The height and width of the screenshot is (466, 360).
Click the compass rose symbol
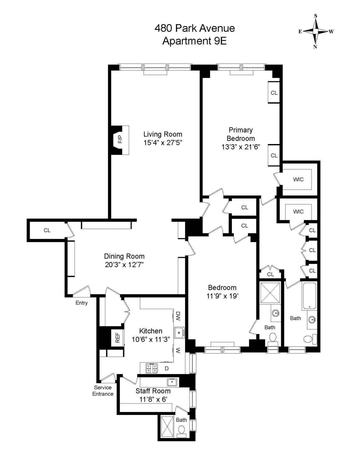point(315,31)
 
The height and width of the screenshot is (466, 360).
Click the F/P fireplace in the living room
point(120,140)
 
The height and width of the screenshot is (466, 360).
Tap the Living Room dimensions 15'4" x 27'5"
point(163,143)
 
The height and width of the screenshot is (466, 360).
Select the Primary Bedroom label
point(241,134)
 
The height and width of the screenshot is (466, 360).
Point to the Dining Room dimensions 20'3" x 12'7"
point(124,265)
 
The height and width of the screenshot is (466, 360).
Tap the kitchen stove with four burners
point(151,368)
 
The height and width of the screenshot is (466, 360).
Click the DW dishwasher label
point(178,316)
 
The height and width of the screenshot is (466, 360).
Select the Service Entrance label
point(103,391)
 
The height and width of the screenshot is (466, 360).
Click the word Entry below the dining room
point(81,303)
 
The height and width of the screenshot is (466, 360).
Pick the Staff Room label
point(153,391)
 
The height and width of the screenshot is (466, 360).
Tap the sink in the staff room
point(172,382)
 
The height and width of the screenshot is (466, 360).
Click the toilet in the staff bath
point(181,430)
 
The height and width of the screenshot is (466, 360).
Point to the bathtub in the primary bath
point(309,296)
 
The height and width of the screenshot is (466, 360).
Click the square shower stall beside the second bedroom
point(270,293)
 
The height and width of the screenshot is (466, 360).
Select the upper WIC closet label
point(298,179)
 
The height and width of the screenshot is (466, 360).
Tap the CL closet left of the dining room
point(47,230)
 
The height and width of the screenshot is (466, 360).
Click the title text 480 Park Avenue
point(194,28)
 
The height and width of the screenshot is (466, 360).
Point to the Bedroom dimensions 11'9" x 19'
point(222,296)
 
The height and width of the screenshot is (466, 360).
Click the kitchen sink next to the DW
point(179,332)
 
